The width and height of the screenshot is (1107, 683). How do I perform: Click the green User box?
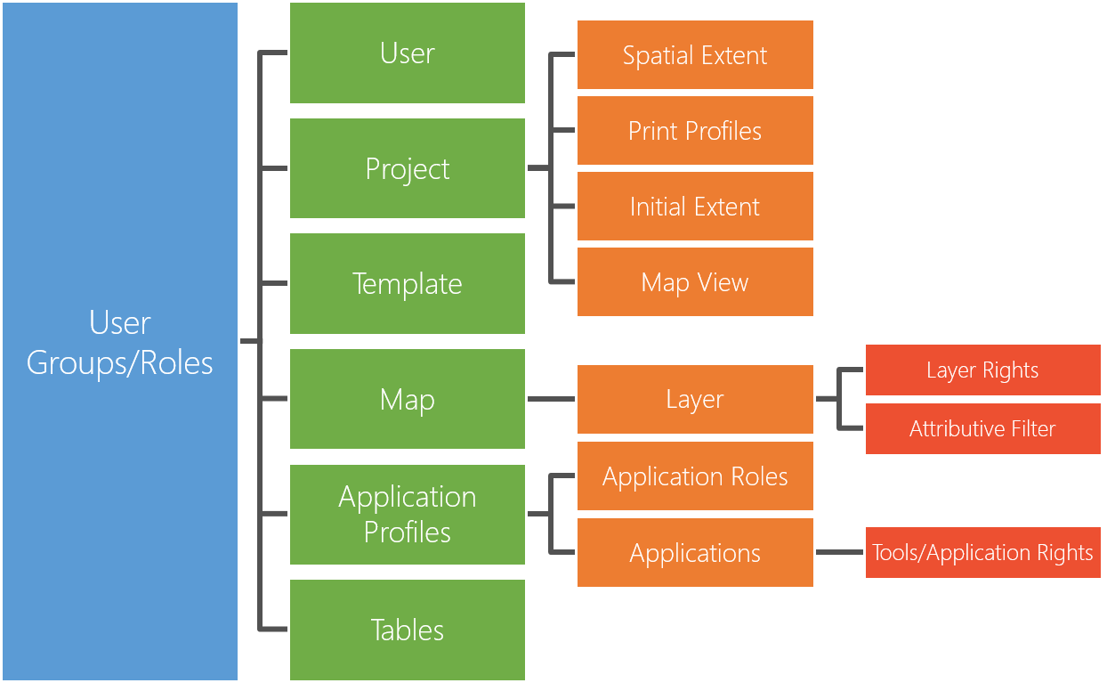click(408, 53)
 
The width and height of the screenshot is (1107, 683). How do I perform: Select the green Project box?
click(408, 168)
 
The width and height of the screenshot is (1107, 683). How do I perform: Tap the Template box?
click(408, 283)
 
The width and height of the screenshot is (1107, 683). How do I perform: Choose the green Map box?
click(408, 399)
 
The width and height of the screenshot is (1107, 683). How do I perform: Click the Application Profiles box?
click(408, 514)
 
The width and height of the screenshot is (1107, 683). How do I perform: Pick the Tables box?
click(408, 630)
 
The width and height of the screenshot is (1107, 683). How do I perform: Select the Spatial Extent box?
click(695, 55)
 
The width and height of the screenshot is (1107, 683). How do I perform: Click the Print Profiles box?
click(695, 131)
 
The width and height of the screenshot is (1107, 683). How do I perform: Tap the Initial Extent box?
click(695, 207)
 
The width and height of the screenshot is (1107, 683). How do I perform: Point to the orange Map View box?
click(695, 282)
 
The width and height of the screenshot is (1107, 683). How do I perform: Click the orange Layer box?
click(695, 399)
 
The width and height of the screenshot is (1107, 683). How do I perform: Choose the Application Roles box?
click(695, 476)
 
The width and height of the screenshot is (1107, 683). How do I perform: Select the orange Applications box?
click(695, 553)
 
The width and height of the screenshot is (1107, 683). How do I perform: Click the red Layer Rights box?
click(982, 370)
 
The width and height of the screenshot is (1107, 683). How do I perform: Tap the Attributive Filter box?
click(982, 428)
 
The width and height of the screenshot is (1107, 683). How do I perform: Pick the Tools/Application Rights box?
click(982, 552)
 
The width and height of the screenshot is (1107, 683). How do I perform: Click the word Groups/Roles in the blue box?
click(120, 362)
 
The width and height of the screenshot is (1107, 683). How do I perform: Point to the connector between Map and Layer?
click(551, 399)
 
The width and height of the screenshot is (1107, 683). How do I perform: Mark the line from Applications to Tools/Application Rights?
click(839, 552)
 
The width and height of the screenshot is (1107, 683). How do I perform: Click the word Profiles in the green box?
click(408, 532)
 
